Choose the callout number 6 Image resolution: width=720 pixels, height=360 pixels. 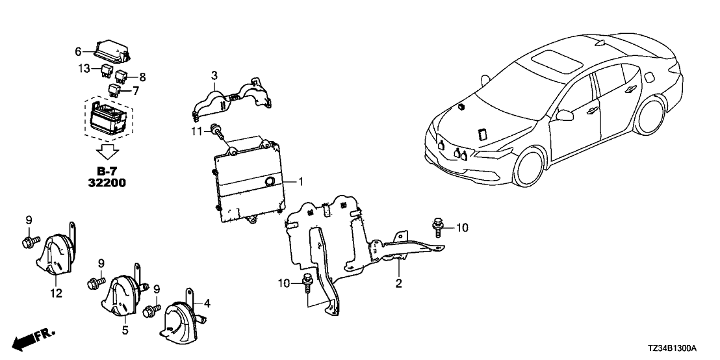pyautogui.click(x=78, y=51)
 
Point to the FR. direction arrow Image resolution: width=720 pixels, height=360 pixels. pyautogui.click(x=34, y=337)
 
